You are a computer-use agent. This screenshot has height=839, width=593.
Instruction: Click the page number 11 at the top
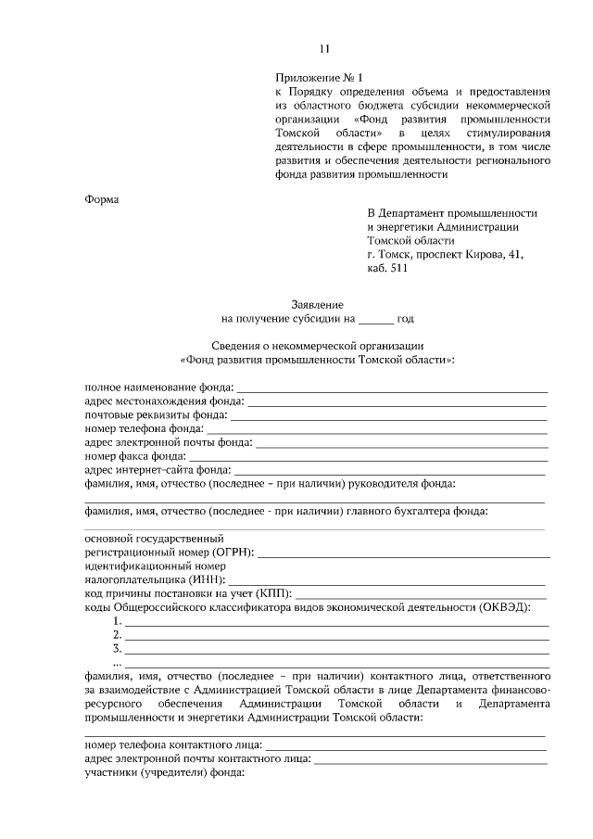(x=323, y=49)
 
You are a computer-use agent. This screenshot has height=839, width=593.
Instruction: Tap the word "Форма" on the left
(x=103, y=197)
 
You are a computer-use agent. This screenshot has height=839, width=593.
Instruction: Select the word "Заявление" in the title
(x=318, y=304)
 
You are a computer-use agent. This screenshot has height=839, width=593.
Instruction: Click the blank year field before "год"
(x=376, y=319)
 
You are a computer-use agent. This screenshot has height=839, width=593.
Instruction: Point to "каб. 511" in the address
(x=387, y=271)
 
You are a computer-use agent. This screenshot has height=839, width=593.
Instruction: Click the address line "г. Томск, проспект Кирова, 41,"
(x=446, y=256)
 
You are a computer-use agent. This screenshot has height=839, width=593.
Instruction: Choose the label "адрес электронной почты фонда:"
(x=169, y=443)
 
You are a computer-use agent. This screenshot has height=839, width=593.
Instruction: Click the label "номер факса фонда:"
(x=135, y=457)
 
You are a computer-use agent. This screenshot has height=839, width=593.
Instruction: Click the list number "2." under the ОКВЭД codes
(x=118, y=635)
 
